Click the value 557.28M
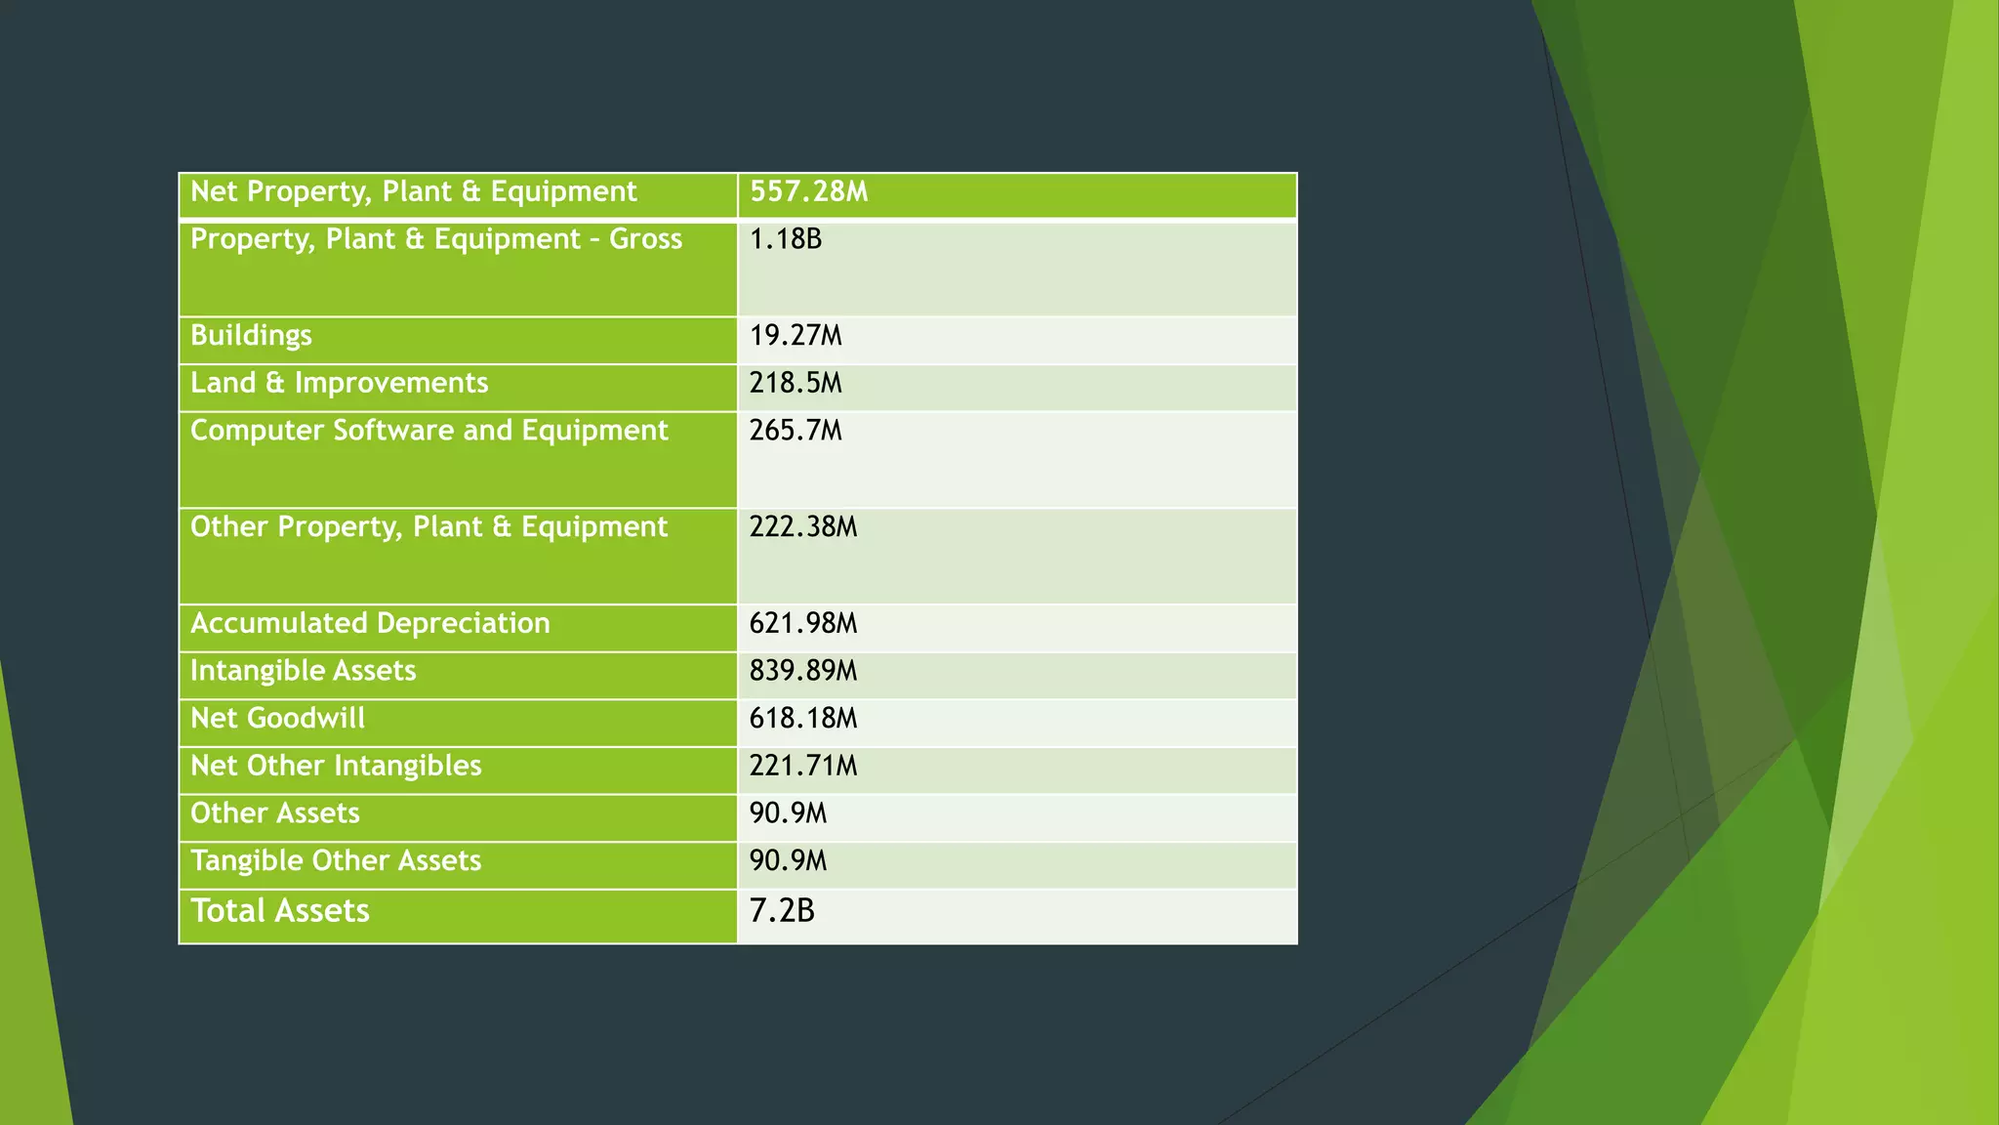[808, 191]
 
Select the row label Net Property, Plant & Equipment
[413, 191]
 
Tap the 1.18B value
[786, 239]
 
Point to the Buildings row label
[251, 335]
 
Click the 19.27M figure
[796, 335]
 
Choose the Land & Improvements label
[339, 383]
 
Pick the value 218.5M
[796, 383]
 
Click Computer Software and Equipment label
[428, 431]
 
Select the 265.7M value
[796, 431]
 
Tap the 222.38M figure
[803, 527]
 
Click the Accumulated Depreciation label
[370, 623]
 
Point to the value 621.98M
[803, 623]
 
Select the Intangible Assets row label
[303, 671]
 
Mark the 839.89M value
[803, 671]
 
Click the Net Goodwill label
[277, 719]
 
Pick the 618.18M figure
[803, 719]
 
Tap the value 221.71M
[803, 766]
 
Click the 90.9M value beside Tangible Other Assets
[788, 861]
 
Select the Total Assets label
[280, 911]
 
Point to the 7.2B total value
[782, 911]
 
